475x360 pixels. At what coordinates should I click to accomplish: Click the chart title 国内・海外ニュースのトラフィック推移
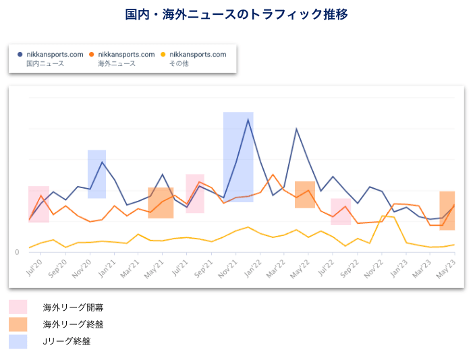[x=237, y=14]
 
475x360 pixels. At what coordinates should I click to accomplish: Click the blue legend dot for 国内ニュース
[x=20, y=54]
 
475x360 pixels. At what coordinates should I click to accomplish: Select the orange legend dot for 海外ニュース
[x=92, y=54]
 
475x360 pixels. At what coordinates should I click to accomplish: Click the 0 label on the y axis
[x=18, y=252]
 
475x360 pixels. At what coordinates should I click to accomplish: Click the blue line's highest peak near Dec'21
[x=248, y=119]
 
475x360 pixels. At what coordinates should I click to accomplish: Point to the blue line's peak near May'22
[x=296, y=129]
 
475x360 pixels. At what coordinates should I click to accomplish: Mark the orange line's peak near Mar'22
[x=273, y=175]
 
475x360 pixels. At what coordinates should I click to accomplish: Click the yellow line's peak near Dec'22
[x=382, y=216]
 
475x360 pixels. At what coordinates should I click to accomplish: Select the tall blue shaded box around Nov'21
[x=238, y=156]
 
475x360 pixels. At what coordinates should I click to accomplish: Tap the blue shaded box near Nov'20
[x=96, y=174]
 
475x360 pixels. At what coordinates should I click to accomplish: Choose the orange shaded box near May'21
[x=161, y=203]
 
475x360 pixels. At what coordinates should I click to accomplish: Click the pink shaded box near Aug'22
[x=341, y=212]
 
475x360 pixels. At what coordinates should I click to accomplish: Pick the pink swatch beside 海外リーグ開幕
[x=18, y=307]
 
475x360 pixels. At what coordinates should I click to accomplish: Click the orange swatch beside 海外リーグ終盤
[x=18, y=324]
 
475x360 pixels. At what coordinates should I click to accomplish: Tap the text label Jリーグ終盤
[x=66, y=342]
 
